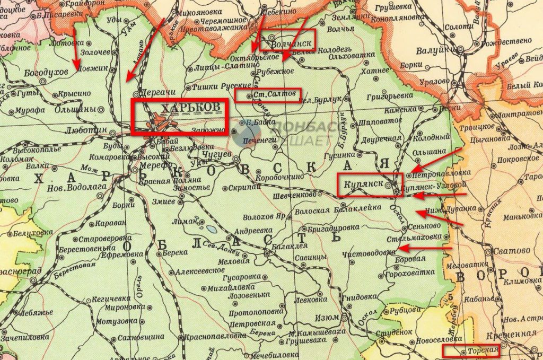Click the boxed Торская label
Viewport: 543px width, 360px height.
pyautogui.click(x=484, y=350)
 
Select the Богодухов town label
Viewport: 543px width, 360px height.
pyautogui.click(x=47, y=71)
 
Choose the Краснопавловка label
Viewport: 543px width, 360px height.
pyautogui.click(x=208, y=337)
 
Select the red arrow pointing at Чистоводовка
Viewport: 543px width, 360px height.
pyautogui.click(x=424, y=248)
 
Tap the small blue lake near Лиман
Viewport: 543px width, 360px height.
pyautogui.click(x=211, y=230)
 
